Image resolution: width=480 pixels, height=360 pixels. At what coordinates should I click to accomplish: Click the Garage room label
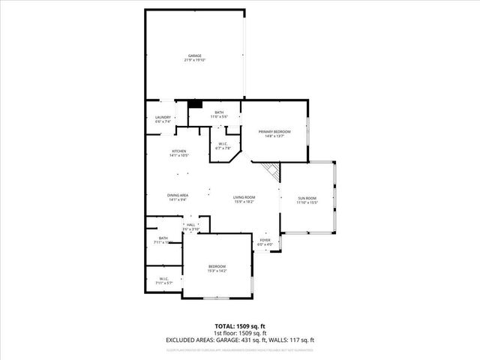[x=194, y=55]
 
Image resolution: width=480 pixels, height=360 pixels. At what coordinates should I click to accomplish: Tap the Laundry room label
[x=163, y=117]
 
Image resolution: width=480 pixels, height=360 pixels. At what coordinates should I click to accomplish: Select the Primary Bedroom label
[x=274, y=132]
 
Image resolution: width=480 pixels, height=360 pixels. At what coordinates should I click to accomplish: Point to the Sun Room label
[x=307, y=199]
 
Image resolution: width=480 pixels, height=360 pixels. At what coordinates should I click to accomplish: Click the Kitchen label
[x=178, y=151]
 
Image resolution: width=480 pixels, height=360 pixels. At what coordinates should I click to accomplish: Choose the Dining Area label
[x=178, y=195]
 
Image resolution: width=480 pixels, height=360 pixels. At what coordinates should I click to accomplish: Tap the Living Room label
[x=244, y=197]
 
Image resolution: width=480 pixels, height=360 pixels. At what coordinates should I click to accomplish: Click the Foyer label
[x=265, y=240]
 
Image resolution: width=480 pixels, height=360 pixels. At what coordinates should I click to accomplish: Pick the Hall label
[x=190, y=224]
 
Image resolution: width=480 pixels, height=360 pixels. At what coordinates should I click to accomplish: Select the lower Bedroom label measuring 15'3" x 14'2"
[x=217, y=266]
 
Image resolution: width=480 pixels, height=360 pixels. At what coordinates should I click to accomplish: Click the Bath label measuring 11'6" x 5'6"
[x=218, y=112]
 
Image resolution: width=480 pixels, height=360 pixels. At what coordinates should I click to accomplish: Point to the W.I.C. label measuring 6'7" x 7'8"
[x=223, y=144]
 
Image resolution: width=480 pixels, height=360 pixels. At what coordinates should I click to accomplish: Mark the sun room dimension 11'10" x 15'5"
[x=307, y=202]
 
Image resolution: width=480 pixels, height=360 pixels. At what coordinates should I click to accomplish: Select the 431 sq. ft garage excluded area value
[x=263, y=340]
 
